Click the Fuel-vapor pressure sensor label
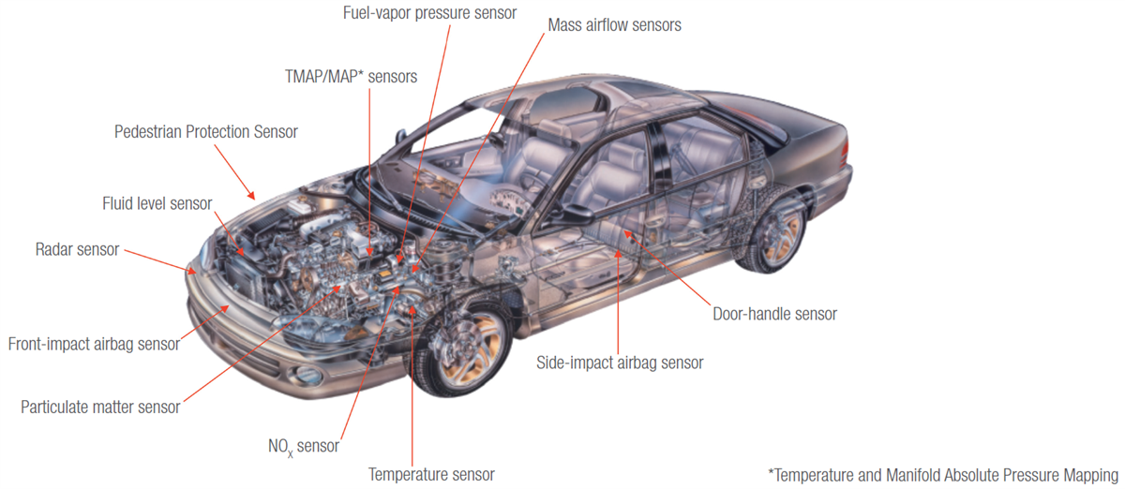[427, 14]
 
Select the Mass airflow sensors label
[614, 25]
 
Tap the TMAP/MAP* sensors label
[352, 76]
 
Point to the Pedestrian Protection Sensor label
[205, 132]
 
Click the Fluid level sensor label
[157, 203]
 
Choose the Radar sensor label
[78, 249]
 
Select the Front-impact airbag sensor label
[94, 344]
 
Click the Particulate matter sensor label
[100, 407]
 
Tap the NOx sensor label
[303, 446]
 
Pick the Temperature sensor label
[431, 475]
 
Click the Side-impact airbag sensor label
[619, 363]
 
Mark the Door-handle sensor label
[774, 314]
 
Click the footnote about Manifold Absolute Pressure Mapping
[943, 474]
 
